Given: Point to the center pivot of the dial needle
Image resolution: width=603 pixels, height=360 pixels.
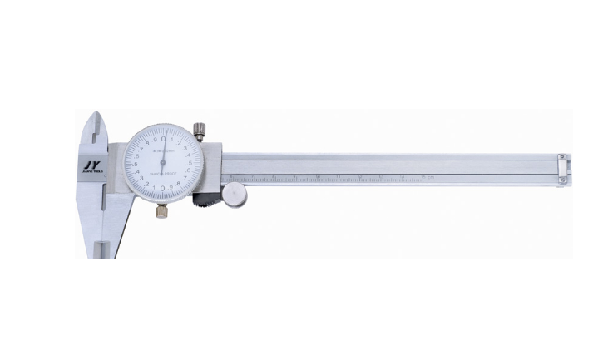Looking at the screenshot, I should coord(164,161).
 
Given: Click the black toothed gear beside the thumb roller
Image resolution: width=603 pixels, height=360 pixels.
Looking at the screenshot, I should coord(205,200).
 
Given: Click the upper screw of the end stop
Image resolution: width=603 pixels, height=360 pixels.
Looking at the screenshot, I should coord(563,157).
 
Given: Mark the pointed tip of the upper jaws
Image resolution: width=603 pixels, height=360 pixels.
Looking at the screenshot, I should coord(99,115).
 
